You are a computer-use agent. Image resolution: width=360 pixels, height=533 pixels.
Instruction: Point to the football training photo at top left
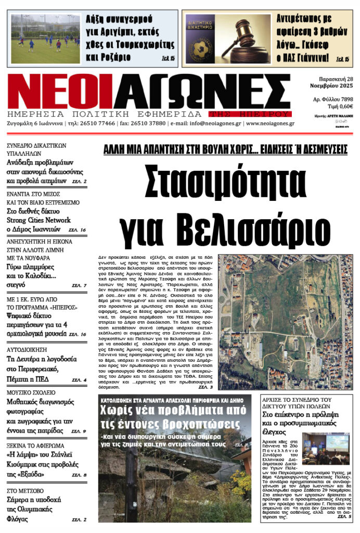click(x=45, y=39)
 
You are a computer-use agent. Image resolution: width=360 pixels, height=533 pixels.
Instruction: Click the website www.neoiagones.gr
click(x=270, y=124)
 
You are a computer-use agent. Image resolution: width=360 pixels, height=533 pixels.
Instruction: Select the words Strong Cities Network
click(x=38, y=220)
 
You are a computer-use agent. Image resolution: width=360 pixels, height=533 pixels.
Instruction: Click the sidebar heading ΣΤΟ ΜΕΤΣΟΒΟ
click(x=25, y=490)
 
